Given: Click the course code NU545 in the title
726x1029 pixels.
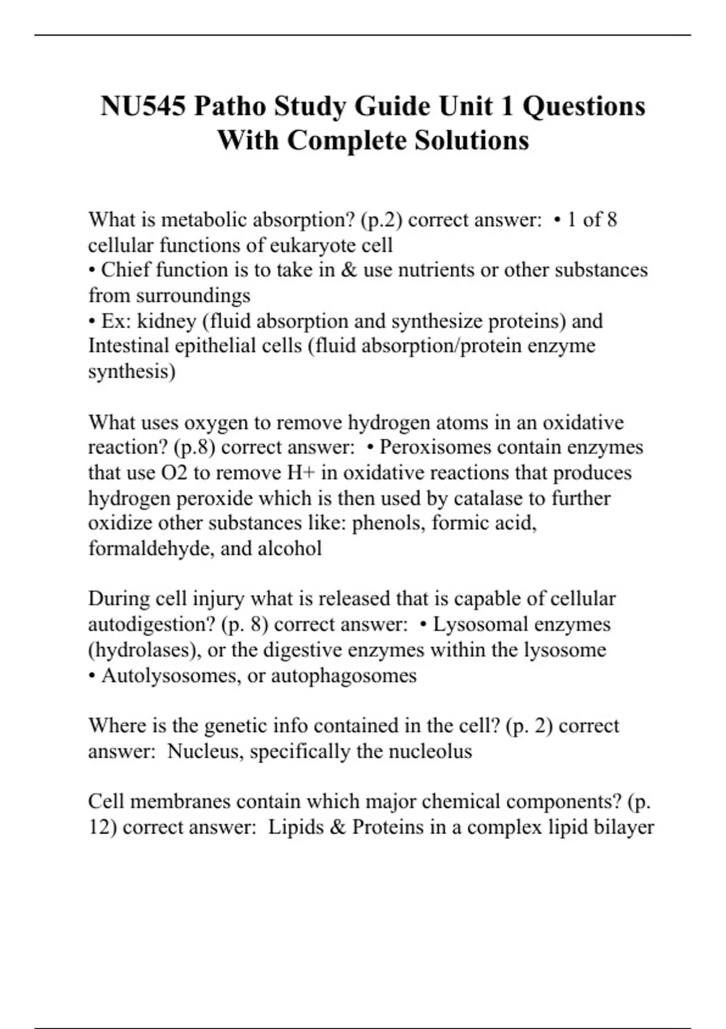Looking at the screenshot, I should pyautogui.click(x=143, y=107).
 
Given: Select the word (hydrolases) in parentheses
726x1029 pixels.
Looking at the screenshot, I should pyautogui.click(x=145, y=649).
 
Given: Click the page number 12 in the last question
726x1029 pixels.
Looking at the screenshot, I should pyautogui.click(x=99, y=827).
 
